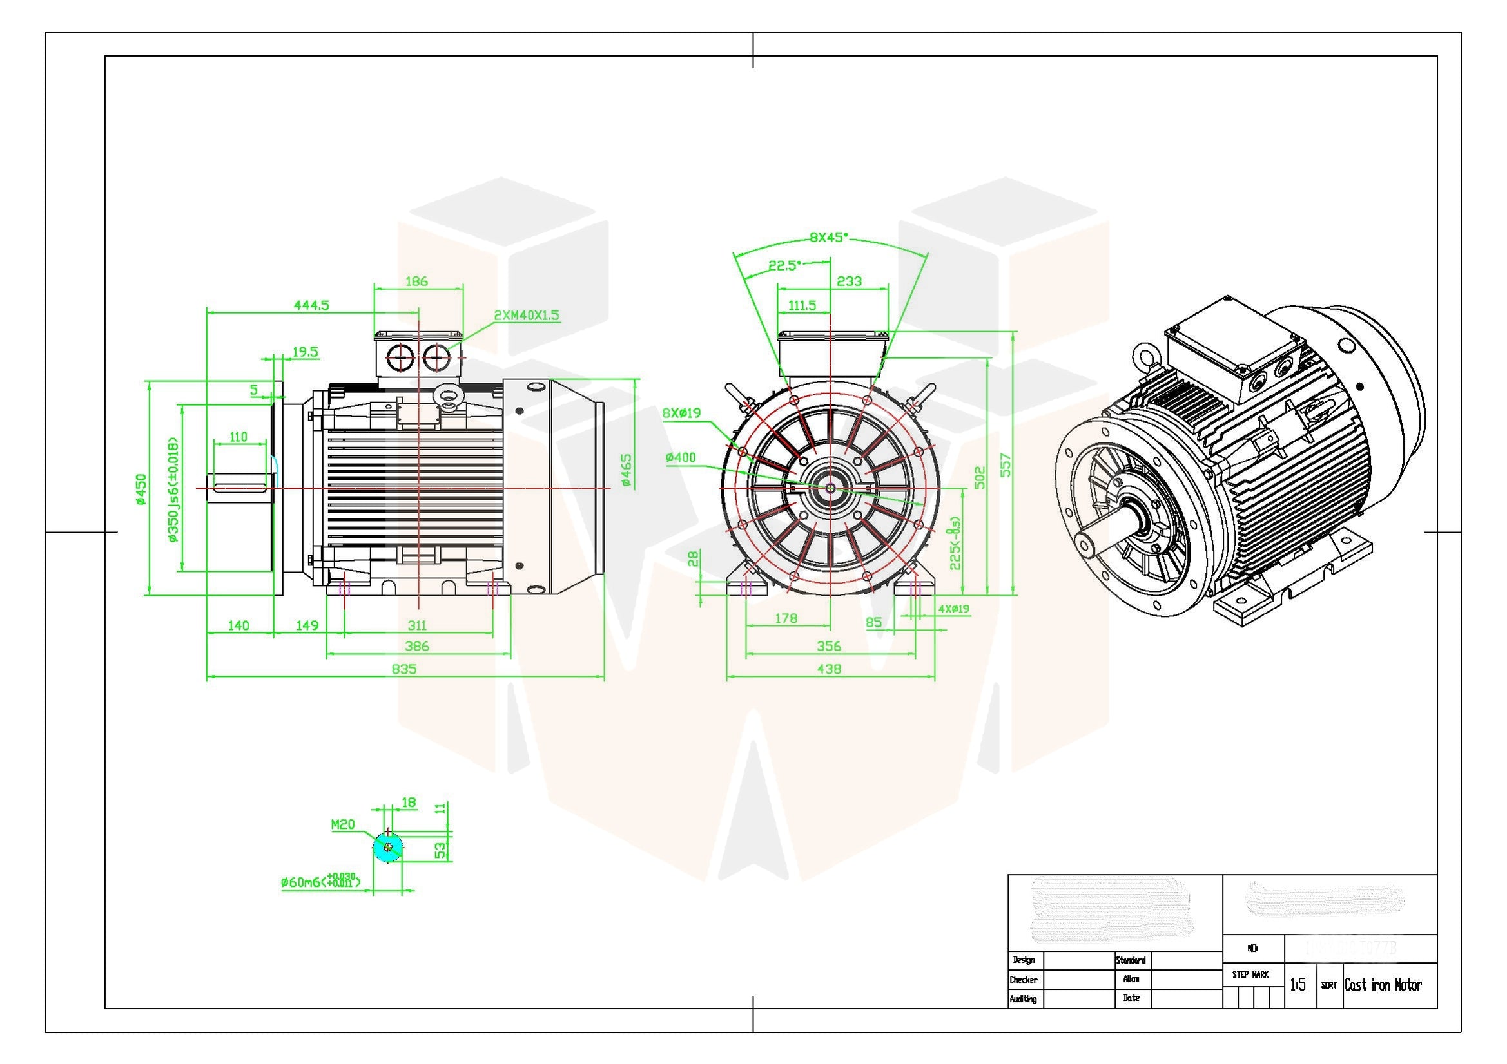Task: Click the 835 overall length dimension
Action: point(403,669)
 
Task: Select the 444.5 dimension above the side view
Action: point(311,305)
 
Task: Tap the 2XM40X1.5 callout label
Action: point(527,316)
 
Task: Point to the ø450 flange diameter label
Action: point(141,489)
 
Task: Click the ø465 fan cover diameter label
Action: point(626,470)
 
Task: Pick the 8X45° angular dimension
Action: point(828,238)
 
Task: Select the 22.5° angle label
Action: point(785,265)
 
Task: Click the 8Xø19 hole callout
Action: point(681,413)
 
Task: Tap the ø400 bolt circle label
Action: point(681,458)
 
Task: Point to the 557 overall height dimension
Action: point(1005,464)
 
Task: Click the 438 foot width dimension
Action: point(829,669)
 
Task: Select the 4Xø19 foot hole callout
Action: point(953,609)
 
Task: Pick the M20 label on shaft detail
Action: point(343,824)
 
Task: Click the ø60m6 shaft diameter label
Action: point(319,882)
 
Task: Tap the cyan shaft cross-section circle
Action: point(388,848)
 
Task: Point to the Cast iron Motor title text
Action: point(1383,985)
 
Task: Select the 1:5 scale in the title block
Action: point(1298,985)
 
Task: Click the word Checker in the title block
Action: point(1024,980)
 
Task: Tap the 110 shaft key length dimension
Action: point(238,437)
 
